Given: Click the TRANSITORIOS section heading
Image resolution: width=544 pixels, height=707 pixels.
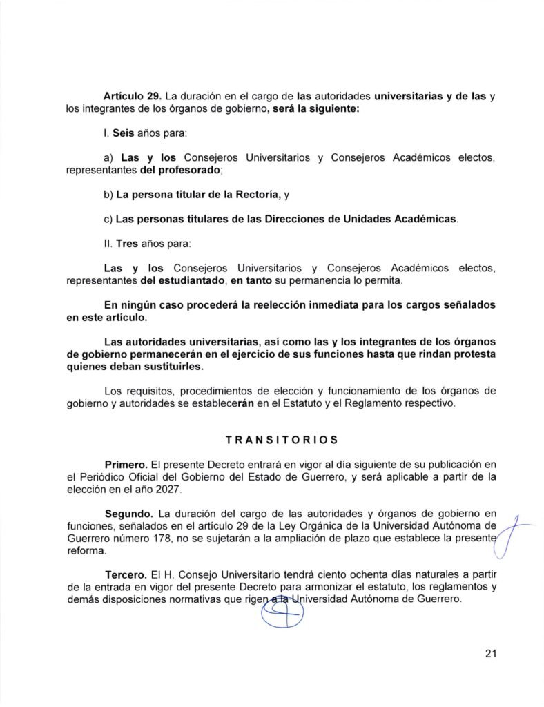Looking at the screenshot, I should click(x=272, y=438).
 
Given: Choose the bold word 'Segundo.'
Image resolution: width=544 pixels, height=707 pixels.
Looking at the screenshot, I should click(x=130, y=514).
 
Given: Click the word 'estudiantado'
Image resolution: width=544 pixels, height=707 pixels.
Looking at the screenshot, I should click(x=173, y=280).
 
